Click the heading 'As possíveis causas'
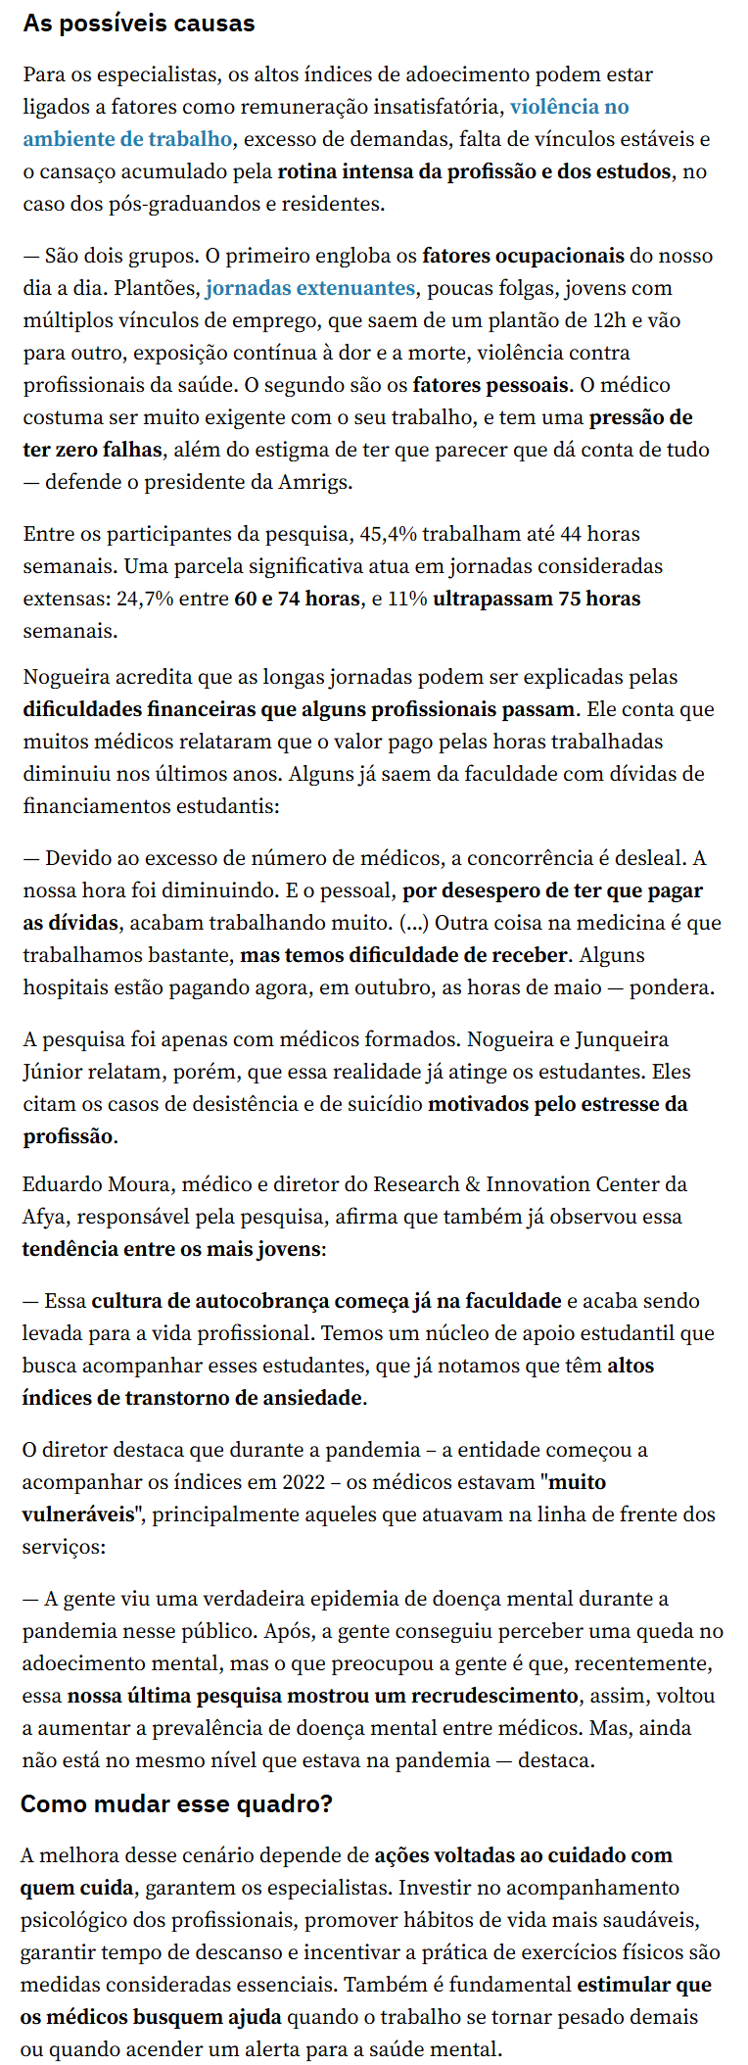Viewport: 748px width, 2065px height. (x=138, y=24)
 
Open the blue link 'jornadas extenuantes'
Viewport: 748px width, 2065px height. (x=310, y=288)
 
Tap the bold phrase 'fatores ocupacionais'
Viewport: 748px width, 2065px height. (x=523, y=256)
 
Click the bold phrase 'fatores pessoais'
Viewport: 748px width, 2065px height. (x=490, y=385)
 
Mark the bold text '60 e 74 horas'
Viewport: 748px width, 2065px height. (x=297, y=599)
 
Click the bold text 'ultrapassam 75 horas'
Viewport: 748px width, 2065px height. (x=537, y=599)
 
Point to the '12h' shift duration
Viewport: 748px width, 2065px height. (x=614, y=320)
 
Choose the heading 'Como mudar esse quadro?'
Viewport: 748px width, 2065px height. (x=176, y=1803)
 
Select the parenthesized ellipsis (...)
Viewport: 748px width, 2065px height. (x=413, y=923)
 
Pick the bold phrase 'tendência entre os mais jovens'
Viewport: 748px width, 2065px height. (x=171, y=1249)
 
